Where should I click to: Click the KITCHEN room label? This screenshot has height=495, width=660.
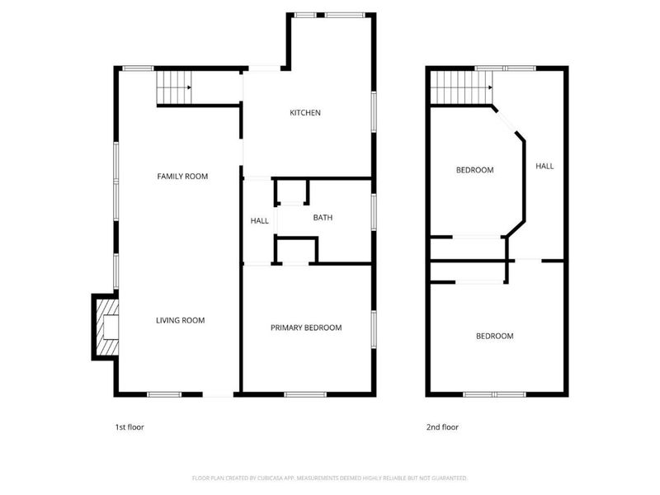304,113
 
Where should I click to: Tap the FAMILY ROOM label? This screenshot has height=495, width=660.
182,176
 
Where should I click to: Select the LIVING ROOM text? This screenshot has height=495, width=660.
181,320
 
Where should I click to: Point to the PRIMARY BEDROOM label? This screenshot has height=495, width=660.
306,328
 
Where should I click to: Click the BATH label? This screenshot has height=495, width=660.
323,218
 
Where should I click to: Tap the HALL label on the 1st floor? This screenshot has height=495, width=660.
260,220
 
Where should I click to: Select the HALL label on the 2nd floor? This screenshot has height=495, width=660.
544,166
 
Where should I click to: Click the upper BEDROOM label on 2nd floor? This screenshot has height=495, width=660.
474,170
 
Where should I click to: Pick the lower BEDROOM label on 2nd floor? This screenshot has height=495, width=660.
494,336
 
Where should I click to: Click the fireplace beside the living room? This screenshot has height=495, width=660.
105,328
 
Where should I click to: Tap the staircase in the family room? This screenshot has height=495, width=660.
173,87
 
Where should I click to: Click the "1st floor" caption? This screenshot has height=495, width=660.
130,427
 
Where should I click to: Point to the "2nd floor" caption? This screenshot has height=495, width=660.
442,427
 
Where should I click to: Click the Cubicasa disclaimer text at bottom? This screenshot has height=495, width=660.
330,478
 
